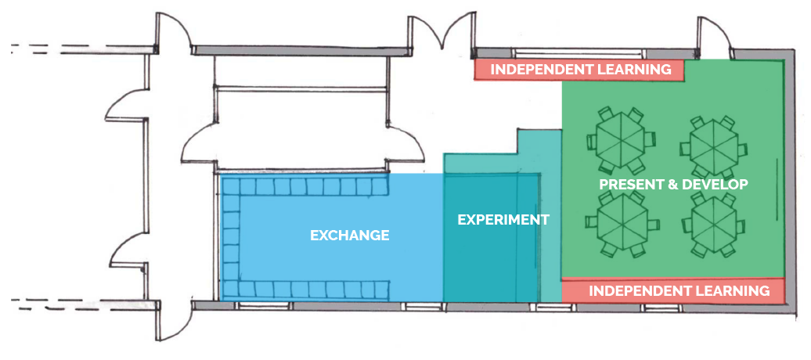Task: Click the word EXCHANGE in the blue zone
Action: coord(350,235)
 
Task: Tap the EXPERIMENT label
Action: coord(503,220)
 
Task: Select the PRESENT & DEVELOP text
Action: coord(673,185)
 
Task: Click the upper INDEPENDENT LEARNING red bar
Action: coord(580,70)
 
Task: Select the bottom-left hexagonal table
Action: coord(619,225)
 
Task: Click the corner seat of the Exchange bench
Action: coord(229,187)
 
